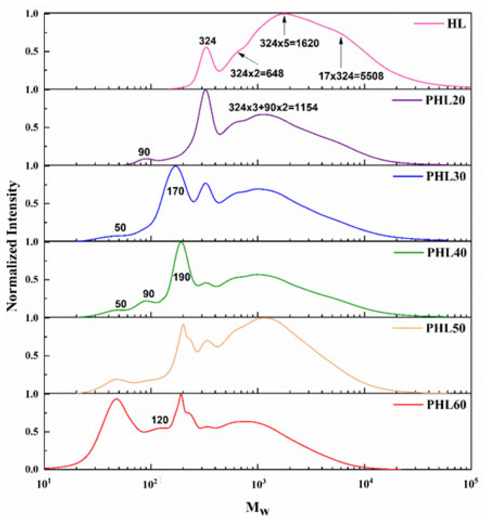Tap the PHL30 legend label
[x=446, y=176]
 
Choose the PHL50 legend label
[x=446, y=328]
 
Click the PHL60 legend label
[x=446, y=405]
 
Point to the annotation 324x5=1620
[x=289, y=43]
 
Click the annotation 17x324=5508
[x=351, y=76]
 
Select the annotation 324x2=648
[x=257, y=73]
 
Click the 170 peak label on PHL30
[x=176, y=191]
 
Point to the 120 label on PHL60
[x=160, y=420]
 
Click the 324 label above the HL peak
[x=208, y=41]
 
